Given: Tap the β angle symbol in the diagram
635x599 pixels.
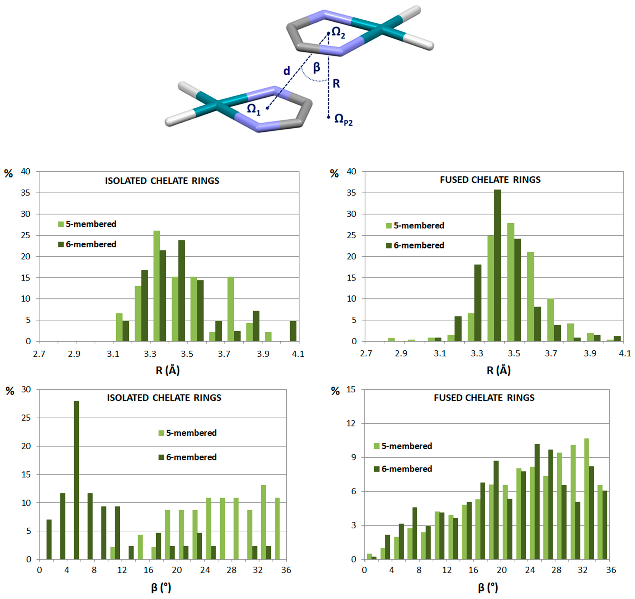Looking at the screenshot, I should click(x=316, y=67).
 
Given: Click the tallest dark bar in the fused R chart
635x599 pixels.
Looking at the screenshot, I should click(x=497, y=265).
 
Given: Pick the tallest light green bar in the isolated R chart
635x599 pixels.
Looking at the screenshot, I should click(x=157, y=286).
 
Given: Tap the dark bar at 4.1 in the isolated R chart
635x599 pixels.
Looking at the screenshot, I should click(x=293, y=331).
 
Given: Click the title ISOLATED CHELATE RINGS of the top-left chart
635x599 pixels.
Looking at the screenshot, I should click(x=162, y=181).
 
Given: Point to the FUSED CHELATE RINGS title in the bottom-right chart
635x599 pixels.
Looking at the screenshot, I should click(x=484, y=398).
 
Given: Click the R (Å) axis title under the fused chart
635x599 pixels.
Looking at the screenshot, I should click(x=498, y=370).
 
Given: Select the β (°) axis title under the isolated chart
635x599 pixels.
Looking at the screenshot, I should click(x=161, y=587).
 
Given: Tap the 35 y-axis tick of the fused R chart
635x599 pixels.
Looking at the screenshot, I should click(x=351, y=193).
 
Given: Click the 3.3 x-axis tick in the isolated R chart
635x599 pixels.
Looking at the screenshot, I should click(x=150, y=354).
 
